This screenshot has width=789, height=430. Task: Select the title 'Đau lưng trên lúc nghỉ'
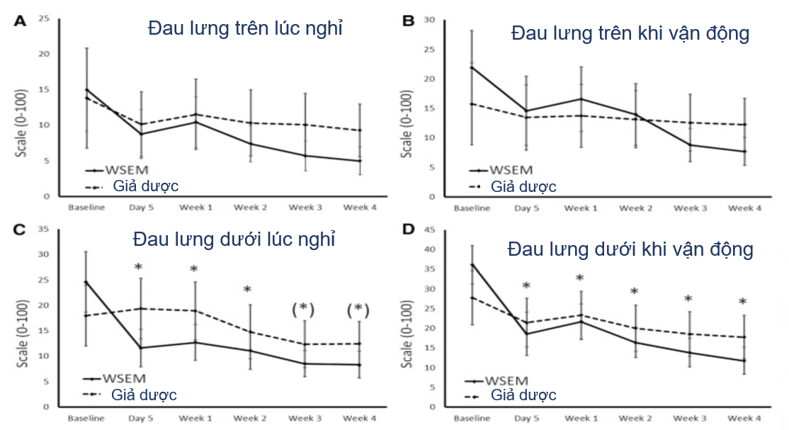[245, 29]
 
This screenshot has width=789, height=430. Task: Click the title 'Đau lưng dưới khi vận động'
[630, 250]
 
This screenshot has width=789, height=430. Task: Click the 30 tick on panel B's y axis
[429, 19]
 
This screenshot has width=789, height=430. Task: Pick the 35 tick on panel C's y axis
[44, 229]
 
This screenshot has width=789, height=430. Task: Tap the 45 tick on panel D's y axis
[429, 229]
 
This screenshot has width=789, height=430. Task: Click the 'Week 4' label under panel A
[359, 207]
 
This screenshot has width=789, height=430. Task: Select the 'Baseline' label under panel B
[471, 208]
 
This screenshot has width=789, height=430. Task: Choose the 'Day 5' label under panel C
[141, 418]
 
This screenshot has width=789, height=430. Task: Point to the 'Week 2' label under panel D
[635, 418]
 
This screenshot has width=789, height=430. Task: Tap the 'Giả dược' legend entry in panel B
[523, 187]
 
